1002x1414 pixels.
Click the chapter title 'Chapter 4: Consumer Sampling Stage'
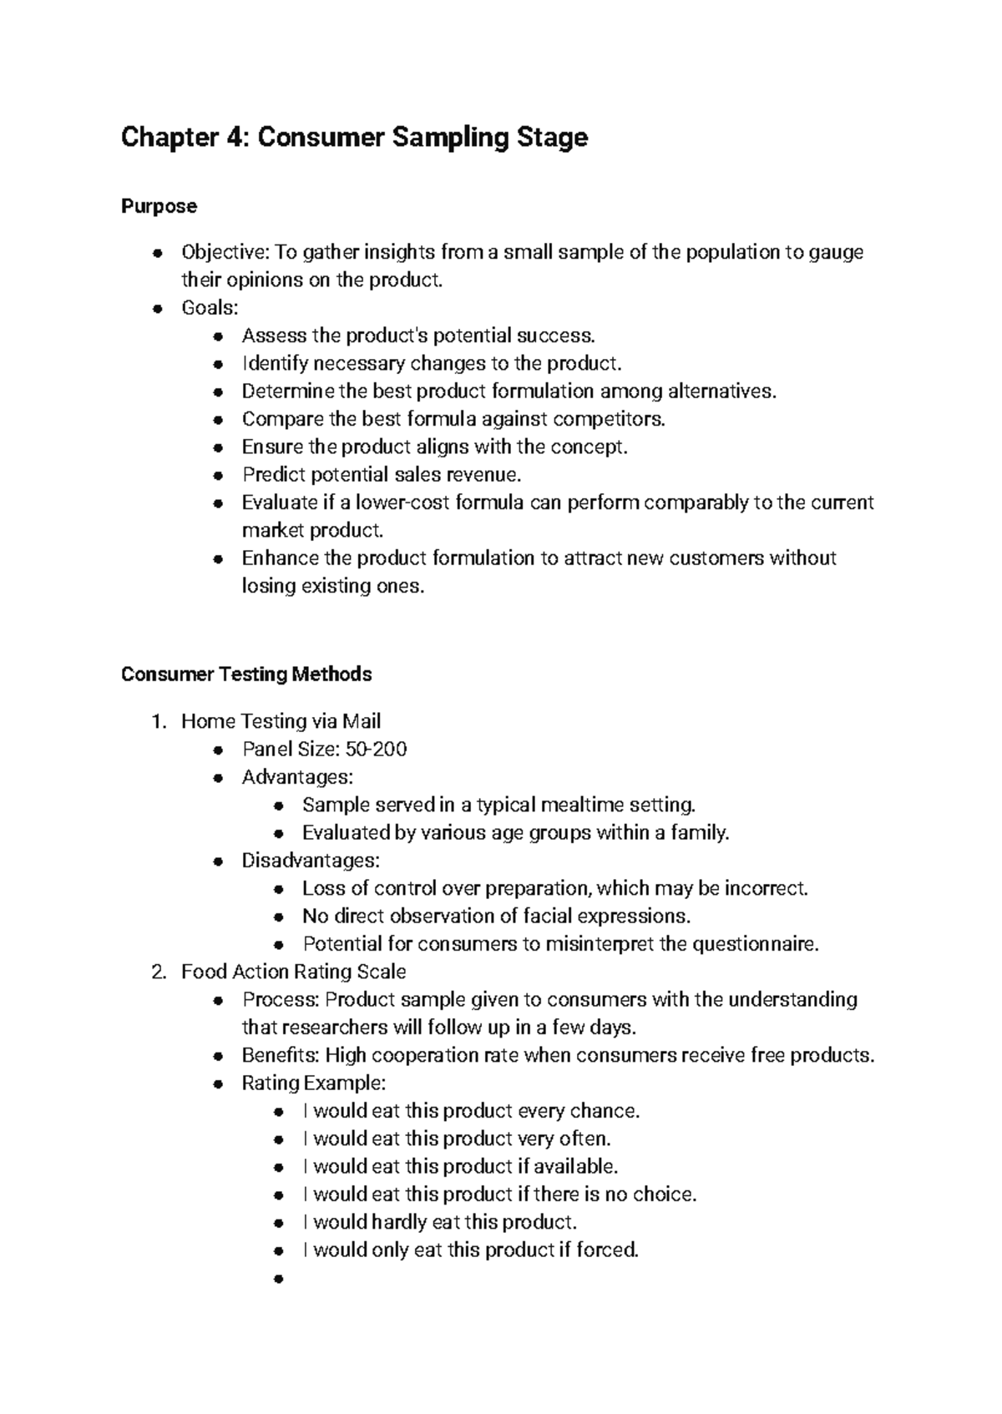point(354,137)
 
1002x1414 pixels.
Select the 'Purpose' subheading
point(159,206)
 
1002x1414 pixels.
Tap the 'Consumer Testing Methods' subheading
point(246,674)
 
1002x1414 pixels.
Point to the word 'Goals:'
point(210,308)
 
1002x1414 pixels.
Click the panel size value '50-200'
point(382,749)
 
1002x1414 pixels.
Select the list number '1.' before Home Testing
point(160,721)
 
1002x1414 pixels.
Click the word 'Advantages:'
point(297,777)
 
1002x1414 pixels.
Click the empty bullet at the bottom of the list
point(280,1279)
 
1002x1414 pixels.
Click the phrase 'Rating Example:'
point(314,1083)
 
